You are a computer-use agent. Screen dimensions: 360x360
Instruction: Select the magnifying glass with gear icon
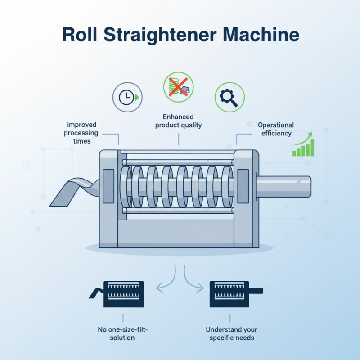point(229,97)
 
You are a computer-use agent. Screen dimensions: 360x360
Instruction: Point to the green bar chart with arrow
point(304,144)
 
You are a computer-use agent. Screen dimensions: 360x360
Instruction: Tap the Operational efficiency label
point(275,129)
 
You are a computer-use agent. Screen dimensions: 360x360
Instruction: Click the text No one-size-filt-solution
point(122,333)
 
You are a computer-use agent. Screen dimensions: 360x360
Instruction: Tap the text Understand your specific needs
point(230,333)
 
